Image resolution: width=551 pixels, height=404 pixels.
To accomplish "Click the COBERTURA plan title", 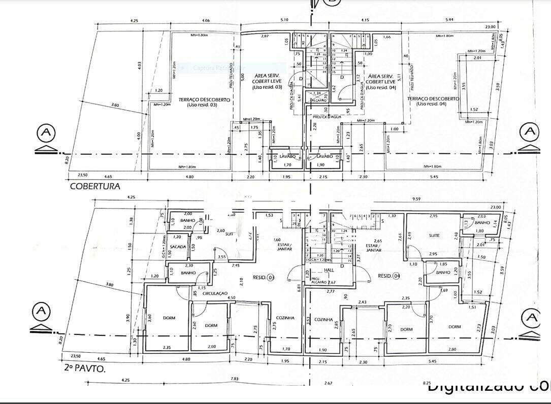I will tap(95, 186).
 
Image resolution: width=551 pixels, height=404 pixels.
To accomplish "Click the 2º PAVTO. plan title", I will tap(85, 368).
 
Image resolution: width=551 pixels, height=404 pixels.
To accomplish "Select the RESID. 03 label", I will tap(264, 278).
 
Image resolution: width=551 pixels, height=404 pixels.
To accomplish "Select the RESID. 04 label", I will tap(388, 276).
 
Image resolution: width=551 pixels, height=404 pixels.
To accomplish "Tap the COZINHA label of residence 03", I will tap(285, 318).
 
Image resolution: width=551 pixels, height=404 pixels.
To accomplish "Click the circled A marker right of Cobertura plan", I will tap(530, 131).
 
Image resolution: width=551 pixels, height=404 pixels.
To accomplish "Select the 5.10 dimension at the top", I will tap(284, 20).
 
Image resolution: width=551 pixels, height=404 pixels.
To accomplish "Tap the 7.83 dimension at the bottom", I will tap(234, 379).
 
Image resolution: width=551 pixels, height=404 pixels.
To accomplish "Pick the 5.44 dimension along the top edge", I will tap(449, 20).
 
